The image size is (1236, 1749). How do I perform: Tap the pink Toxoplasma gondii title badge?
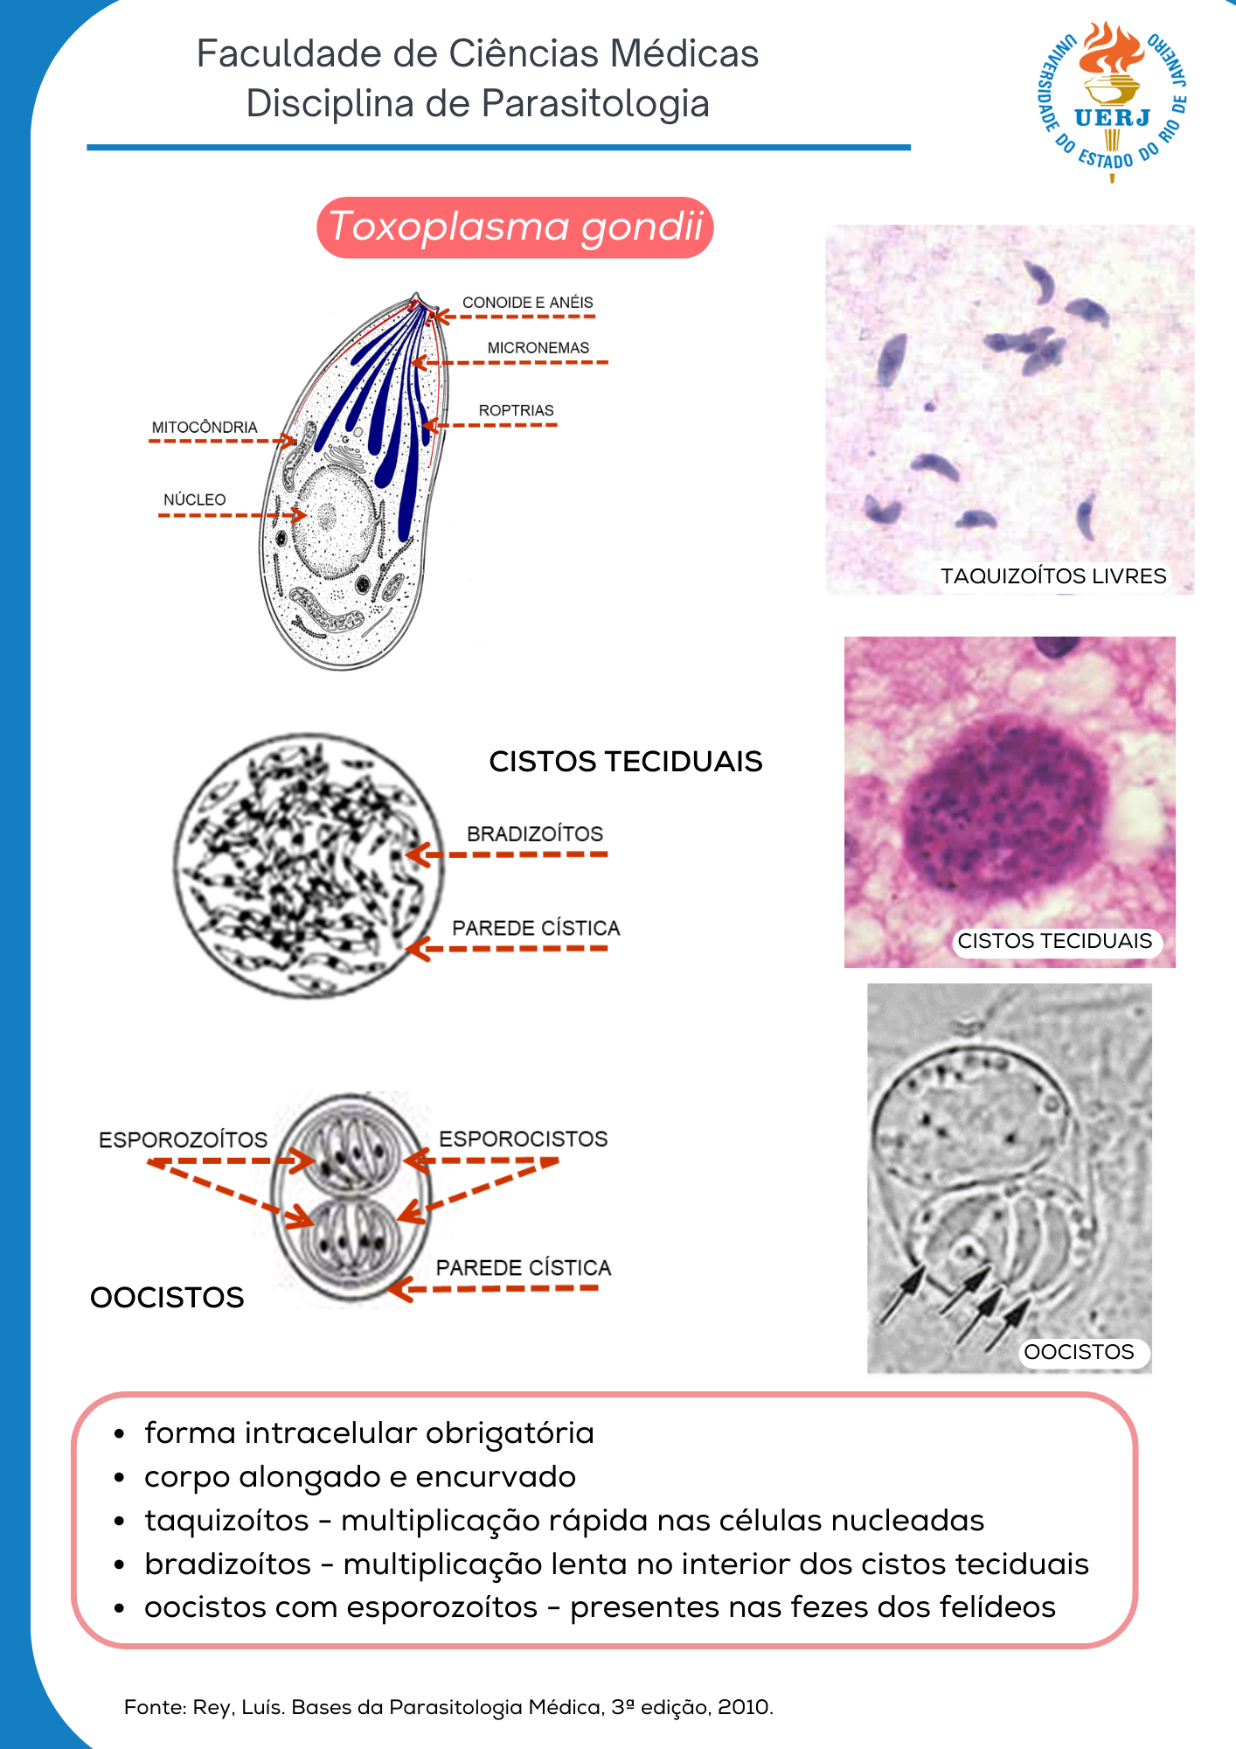(515, 227)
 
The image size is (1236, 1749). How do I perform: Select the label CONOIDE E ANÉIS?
(527, 303)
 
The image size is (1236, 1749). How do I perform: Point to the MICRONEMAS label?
(538, 348)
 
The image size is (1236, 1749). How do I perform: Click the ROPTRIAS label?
(516, 411)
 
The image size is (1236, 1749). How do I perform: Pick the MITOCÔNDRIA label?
(205, 428)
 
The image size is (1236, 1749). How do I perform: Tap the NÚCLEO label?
(194, 500)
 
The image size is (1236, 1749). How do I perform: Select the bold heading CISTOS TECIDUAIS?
(625, 762)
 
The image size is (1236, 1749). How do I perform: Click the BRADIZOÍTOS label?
(534, 834)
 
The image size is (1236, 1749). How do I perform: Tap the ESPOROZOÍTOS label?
(183, 1140)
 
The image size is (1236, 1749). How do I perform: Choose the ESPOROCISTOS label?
(523, 1139)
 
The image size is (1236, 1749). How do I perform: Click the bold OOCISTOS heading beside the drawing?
(167, 1298)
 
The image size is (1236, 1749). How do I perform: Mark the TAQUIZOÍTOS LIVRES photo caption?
(1052, 576)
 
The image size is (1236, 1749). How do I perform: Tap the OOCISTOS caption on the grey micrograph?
(1079, 1352)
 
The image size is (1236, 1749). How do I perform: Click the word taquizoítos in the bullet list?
(226, 1521)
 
